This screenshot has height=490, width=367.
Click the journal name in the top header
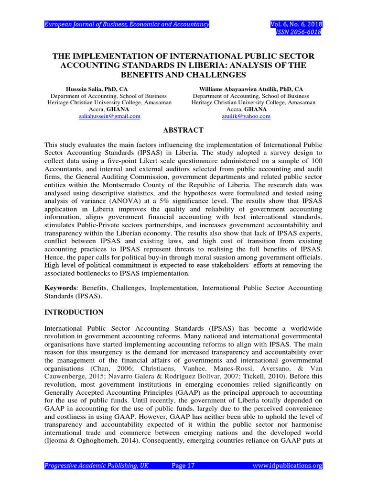pyautogui.click(x=127, y=24)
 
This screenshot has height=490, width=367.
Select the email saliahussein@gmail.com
pyautogui.click(x=109, y=116)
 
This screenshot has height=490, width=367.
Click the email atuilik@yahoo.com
pyautogui.click(x=246, y=116)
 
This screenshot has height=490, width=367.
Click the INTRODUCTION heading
pyautogui.click(x=74, y=312)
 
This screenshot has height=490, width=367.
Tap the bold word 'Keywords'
pyautogui.click(x=60, y=288)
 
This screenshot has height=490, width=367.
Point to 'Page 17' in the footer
pyautogui.click(x=183, y=466)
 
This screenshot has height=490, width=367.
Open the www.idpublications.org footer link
pyautogui.click(x=287, y=466)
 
